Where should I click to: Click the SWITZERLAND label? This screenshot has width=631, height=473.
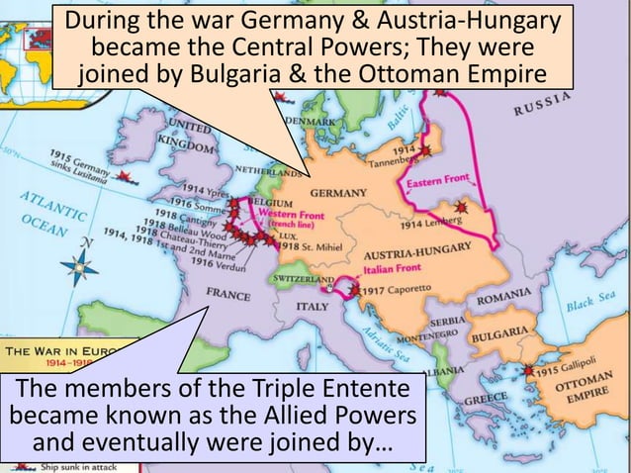tap(304, 281)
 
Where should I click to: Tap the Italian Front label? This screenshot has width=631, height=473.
tap(393, 268)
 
